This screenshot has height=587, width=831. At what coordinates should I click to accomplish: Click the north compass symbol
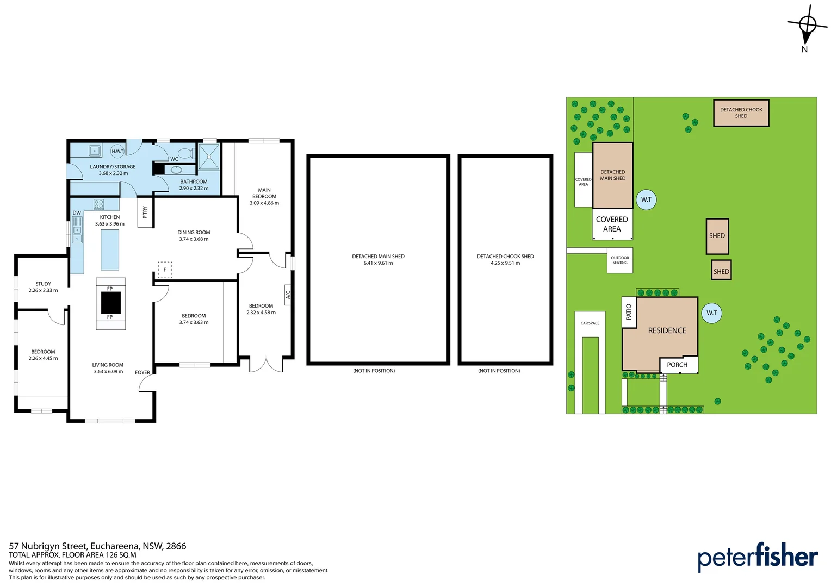point(807,30)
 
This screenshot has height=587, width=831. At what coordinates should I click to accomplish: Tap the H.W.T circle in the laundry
point(117,151)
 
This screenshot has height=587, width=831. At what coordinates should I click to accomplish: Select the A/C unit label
point(288,295)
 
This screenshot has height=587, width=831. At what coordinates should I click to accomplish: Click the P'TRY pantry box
point(145,213)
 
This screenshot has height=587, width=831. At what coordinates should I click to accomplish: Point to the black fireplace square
point(111,303)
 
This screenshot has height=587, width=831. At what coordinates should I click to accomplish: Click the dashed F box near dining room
point(165,270)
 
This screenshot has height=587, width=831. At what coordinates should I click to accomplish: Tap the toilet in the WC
point(185,153)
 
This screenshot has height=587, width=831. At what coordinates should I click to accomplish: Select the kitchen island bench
point(110,249)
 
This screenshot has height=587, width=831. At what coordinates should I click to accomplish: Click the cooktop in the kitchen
point(98,204)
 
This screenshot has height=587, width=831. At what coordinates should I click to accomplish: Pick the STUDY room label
point(44,284)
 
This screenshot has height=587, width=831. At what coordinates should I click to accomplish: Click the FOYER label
point(142,372)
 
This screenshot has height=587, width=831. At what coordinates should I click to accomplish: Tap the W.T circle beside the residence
point(711,313)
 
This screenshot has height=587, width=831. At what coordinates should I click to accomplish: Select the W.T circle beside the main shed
point(646,199)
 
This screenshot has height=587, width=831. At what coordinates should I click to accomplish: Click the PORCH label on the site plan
point(677,365)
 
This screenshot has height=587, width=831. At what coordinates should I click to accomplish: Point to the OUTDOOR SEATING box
point(620,260)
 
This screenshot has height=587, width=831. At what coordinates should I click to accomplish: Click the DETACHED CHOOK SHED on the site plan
point(741,113)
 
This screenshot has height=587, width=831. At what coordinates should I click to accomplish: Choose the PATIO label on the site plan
point(629,312)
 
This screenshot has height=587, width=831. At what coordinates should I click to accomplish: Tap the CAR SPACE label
point(590,323)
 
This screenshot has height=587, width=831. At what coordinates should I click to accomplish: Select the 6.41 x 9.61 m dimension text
point(378,263)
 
